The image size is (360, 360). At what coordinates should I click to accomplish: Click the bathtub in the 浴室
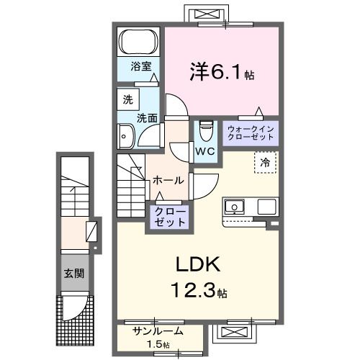pyautogui.click(x=139, y=41)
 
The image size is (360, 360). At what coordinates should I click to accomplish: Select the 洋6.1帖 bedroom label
pyautogui.click(x=222, y=73)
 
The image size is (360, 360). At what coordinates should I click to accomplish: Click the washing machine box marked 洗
pyautogui.click(x=127, y=99)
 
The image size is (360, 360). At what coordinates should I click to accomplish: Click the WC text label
pyautogui.click(x=205, y=152)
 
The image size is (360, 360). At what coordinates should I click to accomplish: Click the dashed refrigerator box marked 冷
pyautogui.click(x=266, y=163)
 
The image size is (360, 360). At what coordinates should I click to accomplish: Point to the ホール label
pyautogui.click(x=168, y=181)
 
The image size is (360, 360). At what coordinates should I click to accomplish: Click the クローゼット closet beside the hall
pyautogui.click(x=168, y=217)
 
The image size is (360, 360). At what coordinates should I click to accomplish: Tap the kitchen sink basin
pyautogui.click(x=235, y=207)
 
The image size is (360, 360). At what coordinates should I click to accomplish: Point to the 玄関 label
pyautogui.click(x=73, y=274)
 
